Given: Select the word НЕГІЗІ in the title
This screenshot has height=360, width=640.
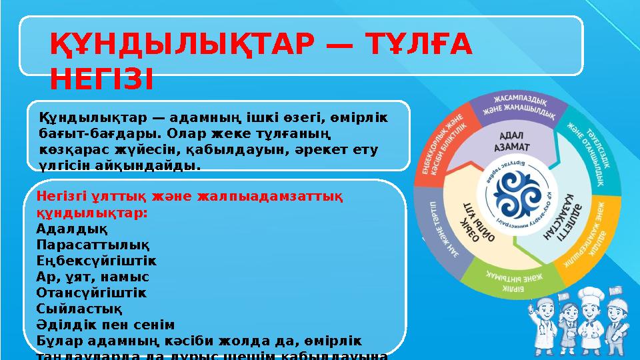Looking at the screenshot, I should (101, 79).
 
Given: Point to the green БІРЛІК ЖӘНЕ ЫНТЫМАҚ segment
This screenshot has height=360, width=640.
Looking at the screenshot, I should (513, 281).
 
